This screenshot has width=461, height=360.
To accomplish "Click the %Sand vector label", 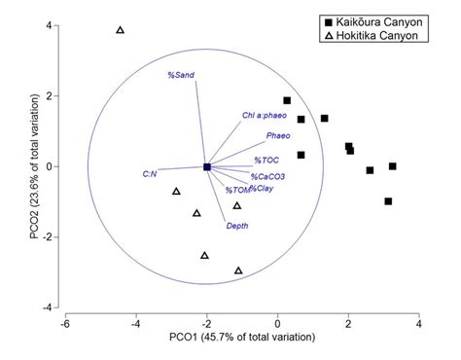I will click(x=181, y=75).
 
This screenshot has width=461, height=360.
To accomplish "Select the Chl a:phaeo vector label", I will click(x=263, y=116).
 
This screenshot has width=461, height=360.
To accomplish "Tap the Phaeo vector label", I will click(x=278, y=136).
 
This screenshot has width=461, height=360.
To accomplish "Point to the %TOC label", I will click(x=268, y=159).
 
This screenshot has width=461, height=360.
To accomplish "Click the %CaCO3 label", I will click(x=267, y=176).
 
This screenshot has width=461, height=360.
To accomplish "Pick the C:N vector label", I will click(x=150, y=174).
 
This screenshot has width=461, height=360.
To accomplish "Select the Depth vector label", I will click(x=236, y=226).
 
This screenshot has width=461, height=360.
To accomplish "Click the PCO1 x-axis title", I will click(x=242, y=338).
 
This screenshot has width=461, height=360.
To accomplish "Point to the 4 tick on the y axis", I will click(x=50, y=25).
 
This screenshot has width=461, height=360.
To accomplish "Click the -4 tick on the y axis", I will click(x=48, y=307).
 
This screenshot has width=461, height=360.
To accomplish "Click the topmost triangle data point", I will click(x=121, y=30).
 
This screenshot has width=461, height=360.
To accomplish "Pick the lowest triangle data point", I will click(x=238, y=270).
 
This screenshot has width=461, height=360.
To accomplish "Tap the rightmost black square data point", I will click(x=393, y=166).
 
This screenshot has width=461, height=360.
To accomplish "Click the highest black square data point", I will click(x=287, y=100).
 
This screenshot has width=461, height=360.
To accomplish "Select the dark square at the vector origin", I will click(x=207, y=167).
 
